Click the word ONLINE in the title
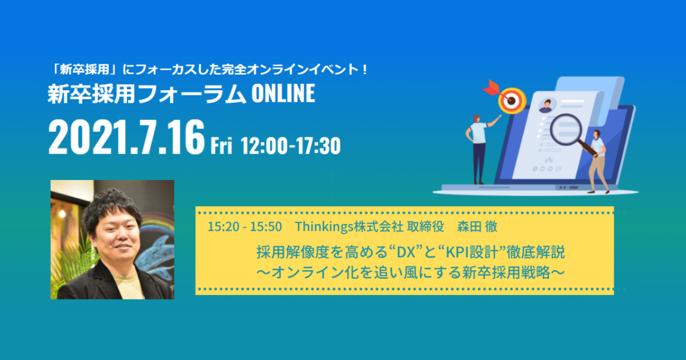coord(284,93)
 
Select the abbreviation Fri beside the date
coord(221,146)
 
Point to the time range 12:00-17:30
coord(290,146)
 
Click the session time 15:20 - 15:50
coord(245,227)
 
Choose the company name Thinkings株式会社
coord(349,227)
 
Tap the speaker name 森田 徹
coord(477,227)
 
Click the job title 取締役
coord(425,227)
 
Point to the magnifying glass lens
coord(566,129)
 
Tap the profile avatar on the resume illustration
coord(547,106)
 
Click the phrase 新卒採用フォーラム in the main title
coord(147,93)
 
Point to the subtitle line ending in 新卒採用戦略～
coord(410,273)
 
